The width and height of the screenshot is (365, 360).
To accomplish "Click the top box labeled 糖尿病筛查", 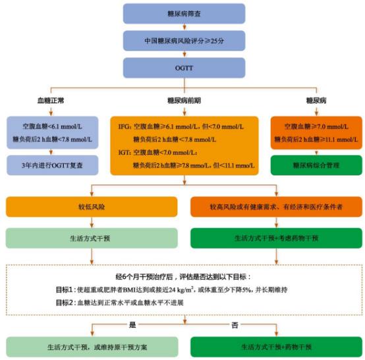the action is coord(184,13).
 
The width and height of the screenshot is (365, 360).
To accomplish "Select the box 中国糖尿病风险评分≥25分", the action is coord(184,41).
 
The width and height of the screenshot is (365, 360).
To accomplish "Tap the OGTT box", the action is coord(184,68).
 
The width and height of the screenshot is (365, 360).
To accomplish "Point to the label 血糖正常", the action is coord(51,100).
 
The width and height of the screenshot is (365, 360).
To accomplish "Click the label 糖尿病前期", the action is coord(184,100).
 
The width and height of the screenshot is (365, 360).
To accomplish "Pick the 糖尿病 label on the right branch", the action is coord(316,100).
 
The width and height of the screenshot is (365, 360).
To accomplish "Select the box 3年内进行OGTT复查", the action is coord(52,165).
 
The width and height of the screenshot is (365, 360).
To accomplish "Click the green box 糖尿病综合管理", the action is coord(316,165).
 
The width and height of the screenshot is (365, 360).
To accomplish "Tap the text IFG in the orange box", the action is coord(123,127).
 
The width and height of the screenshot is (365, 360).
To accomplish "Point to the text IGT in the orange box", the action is coord(123,152).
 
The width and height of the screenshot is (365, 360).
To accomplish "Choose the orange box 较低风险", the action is coord(92,206).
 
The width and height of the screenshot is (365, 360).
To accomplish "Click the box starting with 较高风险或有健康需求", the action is coord(276,206).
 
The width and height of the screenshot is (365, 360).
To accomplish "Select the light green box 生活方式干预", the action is coord(92,238).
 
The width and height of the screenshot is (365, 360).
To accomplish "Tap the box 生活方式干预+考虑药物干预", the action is coord(276,238).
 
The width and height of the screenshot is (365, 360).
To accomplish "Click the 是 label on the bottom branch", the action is coord(132,324).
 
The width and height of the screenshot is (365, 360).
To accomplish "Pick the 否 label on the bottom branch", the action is coord(235,324).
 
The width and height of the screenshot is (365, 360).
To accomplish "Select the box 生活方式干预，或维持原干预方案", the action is coord(92,347).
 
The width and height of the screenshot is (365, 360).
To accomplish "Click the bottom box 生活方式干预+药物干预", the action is coord(276,347).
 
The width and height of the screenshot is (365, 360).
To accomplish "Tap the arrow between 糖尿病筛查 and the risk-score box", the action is coord(184,27).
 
